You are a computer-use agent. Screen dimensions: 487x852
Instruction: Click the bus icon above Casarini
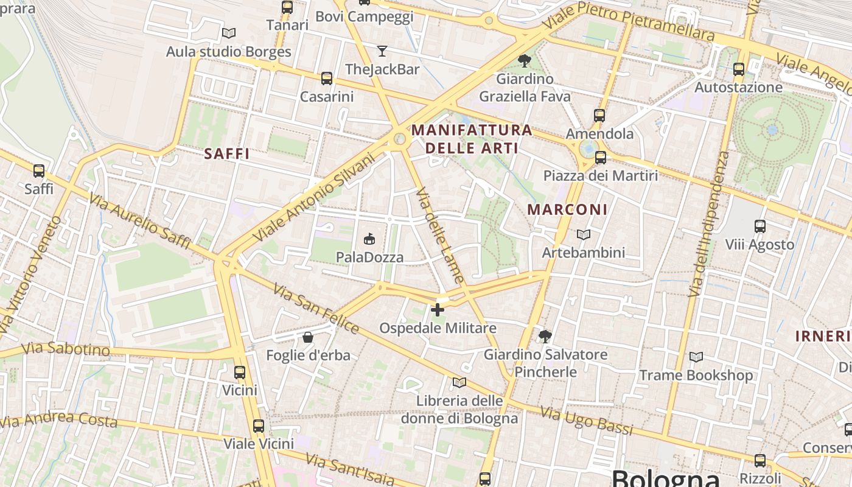pos(327,79)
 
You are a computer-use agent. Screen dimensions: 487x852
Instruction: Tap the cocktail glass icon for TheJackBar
pos(382,51)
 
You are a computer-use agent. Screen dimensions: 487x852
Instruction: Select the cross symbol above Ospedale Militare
pos(437,310)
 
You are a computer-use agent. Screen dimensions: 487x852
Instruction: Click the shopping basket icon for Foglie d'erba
pos(308,337)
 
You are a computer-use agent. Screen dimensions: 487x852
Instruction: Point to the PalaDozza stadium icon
pos(369,239)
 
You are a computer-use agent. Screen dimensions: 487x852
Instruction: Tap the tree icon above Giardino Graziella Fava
pos(524,60)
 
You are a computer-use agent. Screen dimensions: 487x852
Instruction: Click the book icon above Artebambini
pos(583,234)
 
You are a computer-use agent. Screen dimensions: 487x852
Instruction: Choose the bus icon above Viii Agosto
pos(760,226)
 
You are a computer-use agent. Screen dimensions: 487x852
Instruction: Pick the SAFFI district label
pos(227,154)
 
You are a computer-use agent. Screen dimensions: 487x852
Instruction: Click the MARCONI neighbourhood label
pos(567,210)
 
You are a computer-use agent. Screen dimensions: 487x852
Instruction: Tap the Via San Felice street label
pos(316,309)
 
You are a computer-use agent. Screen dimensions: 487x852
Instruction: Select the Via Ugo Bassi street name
pos(587,421)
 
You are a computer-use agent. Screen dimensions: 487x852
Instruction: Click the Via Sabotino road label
pos(66,349)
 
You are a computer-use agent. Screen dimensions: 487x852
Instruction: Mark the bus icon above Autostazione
pos(739,69)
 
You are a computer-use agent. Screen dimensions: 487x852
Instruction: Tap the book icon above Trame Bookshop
pos(696,357)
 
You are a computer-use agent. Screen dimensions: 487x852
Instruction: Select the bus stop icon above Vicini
pos(240,373)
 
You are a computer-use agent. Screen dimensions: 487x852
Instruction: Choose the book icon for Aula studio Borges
pos(229,33)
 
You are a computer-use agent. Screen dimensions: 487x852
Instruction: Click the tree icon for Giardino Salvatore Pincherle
pos(545,336)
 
